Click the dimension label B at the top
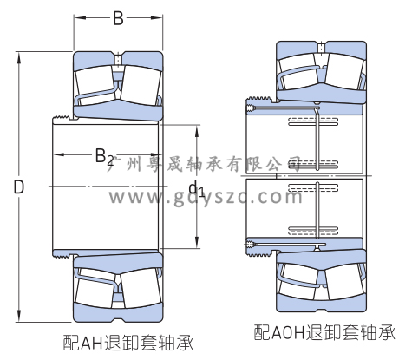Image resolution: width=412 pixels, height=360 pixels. coord(118,18)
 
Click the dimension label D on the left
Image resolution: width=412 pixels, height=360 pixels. coord(19,187)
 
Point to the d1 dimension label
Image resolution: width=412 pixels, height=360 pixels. coord(196,188)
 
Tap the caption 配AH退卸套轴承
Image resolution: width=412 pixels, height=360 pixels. coord(128,343)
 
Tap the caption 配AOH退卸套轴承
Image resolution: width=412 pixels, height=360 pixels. coord(324,332)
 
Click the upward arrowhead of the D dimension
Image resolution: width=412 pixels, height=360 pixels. coord(19,58)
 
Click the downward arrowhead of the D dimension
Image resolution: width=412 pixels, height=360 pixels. coord(19,316)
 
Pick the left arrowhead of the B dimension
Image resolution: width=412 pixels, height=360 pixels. coord(80,18)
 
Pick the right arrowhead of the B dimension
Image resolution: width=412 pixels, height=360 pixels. coord(156,18)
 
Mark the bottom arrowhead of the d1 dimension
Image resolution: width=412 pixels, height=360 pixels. coord(197,242)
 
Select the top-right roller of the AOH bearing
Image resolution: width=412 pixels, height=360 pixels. coord(343,70)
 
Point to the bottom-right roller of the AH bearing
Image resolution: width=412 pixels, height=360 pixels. coord(141,290)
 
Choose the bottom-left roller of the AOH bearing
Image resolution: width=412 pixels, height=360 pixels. coord(298,282)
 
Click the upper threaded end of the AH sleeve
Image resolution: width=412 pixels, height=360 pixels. coord(62,118)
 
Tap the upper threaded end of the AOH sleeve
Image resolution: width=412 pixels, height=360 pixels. coord(258,100)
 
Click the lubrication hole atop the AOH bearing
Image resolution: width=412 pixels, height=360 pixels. coord(321,48)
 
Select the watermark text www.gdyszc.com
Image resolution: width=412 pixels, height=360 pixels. coord(206,197)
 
